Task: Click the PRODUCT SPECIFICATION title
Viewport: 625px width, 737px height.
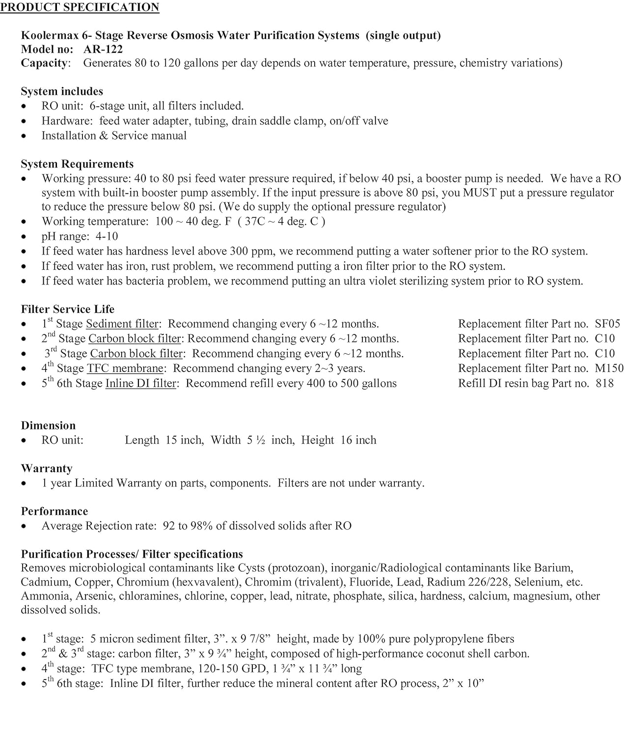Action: coord(80,7)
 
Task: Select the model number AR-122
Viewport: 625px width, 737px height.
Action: coord(103,49)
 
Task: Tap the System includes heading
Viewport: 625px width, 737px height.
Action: coord(62,91)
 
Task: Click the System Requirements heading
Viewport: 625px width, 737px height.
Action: coord(77,164)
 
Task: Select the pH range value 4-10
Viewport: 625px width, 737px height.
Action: coord(107,236)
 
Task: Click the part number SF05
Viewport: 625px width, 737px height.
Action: coord(607,324)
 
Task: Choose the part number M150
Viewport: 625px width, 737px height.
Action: coord(609,368)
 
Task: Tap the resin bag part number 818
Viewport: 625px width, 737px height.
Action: coord(604,383)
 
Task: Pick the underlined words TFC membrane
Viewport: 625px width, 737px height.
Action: coord(125,368)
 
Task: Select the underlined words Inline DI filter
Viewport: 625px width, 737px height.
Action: coord(141,383)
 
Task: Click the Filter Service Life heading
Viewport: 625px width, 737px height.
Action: coord(68,309)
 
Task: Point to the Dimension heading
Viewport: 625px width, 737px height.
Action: coord(48,425)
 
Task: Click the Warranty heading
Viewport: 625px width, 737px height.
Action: coord(47,468)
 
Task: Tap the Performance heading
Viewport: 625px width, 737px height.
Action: coord(54,511)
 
